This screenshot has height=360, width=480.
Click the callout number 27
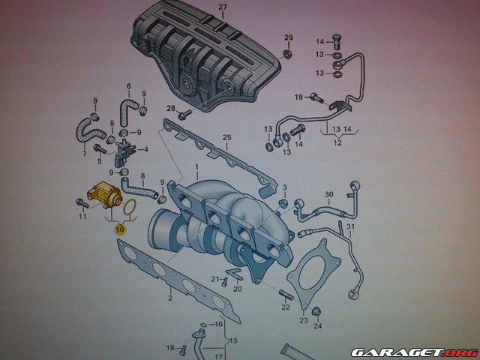221,7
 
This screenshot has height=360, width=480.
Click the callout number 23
303,320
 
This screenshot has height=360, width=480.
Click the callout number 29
288,37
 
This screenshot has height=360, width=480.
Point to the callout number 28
171,109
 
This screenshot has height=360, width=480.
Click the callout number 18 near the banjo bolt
298,97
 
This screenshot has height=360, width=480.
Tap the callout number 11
83,217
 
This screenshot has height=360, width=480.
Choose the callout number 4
145,149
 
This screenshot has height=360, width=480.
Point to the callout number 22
286,307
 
